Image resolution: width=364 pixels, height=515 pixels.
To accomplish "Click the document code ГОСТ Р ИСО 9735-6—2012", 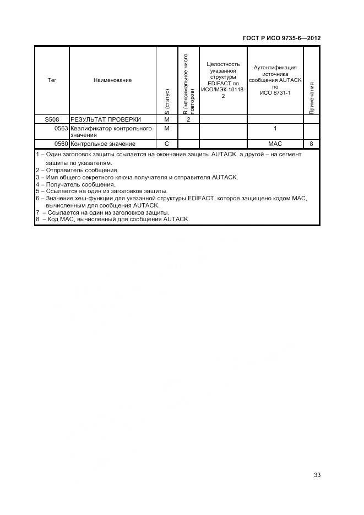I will tap(281, 38).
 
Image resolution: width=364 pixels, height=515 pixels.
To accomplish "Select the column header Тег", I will tap(52, 80).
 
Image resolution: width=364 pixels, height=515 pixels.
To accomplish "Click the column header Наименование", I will tap(112, 80).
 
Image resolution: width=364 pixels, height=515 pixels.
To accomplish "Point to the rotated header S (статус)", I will tap(167, 102).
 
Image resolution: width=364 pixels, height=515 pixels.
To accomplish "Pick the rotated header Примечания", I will tap(312, 98).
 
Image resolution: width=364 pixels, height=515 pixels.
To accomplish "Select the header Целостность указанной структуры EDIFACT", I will tap(223, 80).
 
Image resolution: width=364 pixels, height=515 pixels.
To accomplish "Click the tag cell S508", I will tap(52, 119).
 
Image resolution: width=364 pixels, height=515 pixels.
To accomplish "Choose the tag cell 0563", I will tap(61, 128).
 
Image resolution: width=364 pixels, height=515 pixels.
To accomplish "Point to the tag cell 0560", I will tap(61, 144).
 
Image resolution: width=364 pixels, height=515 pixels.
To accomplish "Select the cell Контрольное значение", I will tap(103, 144).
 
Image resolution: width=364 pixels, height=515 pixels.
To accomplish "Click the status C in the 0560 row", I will tap(167, 144).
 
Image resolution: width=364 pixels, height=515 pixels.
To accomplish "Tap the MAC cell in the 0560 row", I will tap(275, 144).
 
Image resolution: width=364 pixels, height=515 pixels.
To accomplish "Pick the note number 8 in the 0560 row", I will tap(311, 144).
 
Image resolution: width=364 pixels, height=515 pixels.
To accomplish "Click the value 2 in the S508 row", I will tap(188, 119).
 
